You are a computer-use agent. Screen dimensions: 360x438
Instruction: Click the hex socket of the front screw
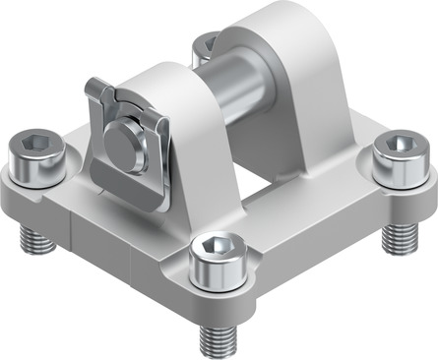coord(216,245)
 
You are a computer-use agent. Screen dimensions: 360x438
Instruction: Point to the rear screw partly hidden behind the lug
coord(206,45)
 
